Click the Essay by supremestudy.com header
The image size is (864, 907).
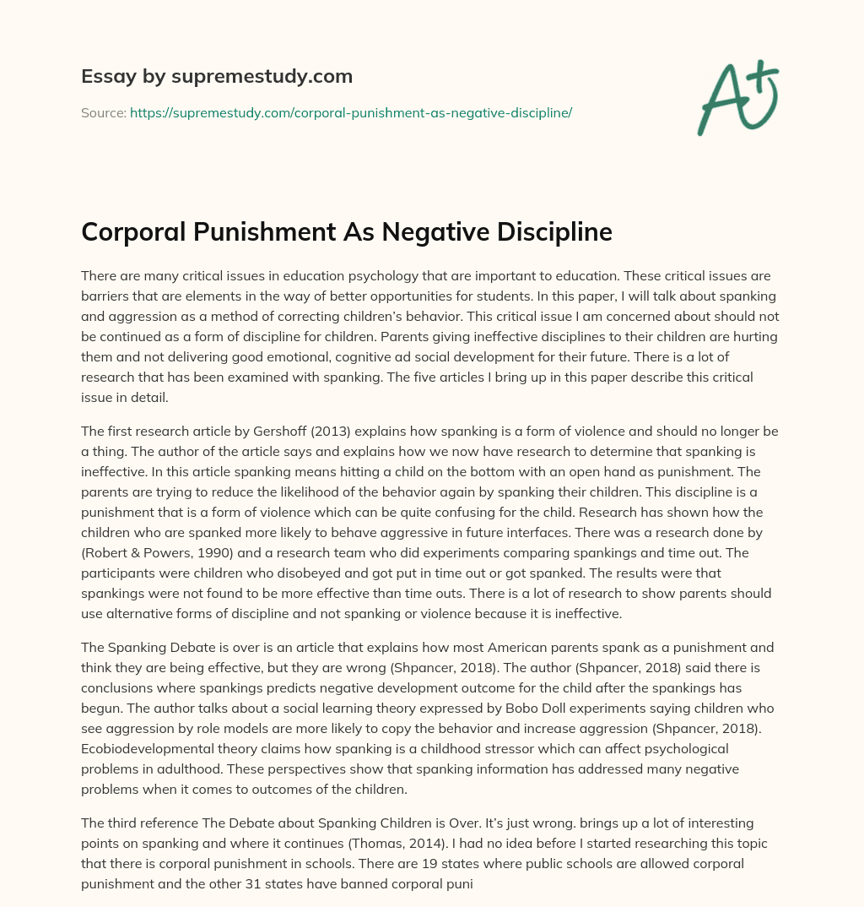click(217, 77)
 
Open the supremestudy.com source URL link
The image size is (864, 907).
click(351, 112)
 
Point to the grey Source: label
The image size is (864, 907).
click(104, 112)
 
